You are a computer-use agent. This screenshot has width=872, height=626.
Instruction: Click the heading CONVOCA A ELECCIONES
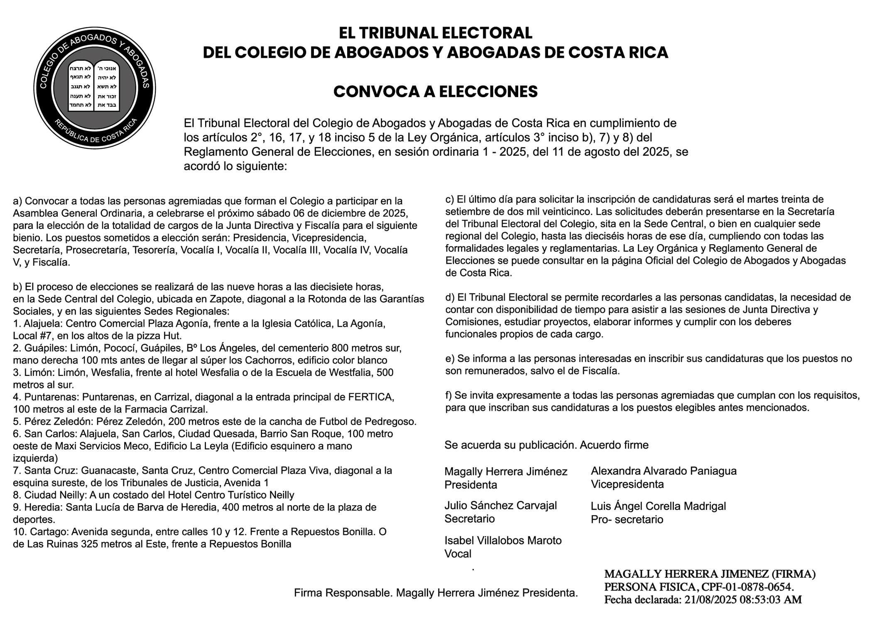pyautogui.click(x=435, y=92)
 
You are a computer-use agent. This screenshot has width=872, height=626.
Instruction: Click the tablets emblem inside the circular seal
pyautogui.click(x=94, y=87)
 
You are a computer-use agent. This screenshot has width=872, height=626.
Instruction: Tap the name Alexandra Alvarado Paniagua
pyautogui.click(x=664, y=471)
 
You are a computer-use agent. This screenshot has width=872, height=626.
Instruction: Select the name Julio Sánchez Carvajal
pyautogui.click(x=500, y=506)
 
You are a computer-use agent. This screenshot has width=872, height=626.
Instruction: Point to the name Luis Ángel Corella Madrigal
pyautogui.click(x=658, y=506)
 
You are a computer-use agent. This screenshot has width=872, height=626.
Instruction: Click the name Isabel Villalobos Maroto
pyautogui.click(x=503, y=540)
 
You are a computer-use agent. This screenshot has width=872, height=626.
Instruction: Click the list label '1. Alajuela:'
pyautogui.click(x=38, y=324)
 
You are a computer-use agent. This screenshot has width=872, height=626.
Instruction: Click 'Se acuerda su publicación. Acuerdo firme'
pyautogui.click(x=546, y=445)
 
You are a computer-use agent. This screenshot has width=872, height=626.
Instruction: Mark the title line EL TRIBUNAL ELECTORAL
pyautogui.click(x=435, y=33)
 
